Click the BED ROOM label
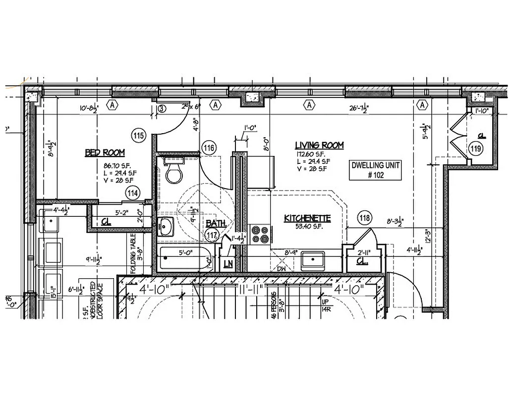tap(105, 152)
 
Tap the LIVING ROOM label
tap(319, 145)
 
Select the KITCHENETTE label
tap(307, 218)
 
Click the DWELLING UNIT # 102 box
tap(375, 170)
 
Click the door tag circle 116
tap(209, 147)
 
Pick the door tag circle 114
tap(132, 193)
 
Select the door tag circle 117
tap(213, 235)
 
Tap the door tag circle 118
tap(365, 218)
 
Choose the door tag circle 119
tap(476, 148)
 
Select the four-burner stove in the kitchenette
tap(260, 234)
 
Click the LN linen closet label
tap(228, 264)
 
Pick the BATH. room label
tap(216, 223)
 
